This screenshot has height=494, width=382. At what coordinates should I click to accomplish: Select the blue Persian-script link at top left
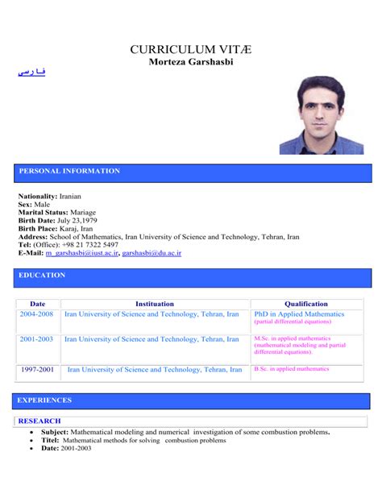point(31,73)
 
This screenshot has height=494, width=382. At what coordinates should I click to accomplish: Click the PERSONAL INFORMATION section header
point(69,171)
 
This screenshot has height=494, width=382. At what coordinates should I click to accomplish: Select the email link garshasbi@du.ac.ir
point(152,253)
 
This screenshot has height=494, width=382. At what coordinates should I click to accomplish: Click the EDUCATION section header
point(42,276)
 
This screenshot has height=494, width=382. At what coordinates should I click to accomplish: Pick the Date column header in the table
point(37,304)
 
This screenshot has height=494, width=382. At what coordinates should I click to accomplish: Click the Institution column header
point(154,304)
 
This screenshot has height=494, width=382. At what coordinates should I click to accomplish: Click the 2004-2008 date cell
point(37,314)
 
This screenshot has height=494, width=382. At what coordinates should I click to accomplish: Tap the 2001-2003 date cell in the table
point(37,339)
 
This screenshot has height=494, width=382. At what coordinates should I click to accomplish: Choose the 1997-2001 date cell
point(37,369)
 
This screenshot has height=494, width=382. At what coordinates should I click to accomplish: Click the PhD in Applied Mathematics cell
point(299,314)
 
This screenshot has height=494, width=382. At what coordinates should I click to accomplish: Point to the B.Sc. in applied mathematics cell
point(292,368)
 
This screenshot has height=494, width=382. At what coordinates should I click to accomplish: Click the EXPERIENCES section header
point(45,400)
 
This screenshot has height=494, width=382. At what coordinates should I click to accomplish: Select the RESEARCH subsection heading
point(39,421)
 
